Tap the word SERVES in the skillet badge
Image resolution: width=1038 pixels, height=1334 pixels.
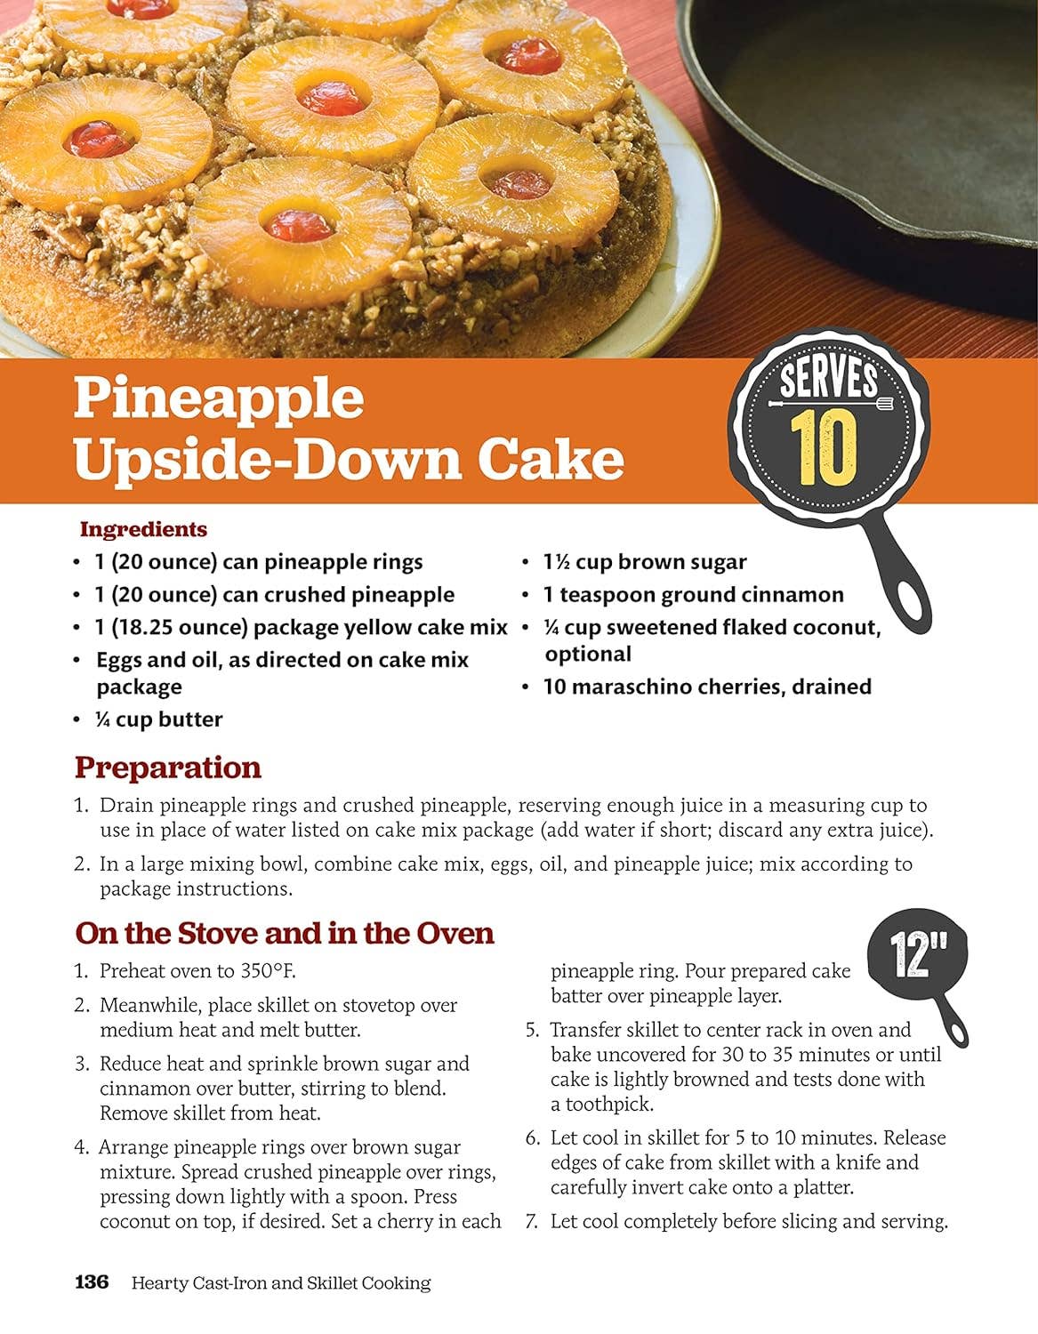[x=829, y=379]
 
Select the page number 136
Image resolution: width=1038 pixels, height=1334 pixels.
[x=92, y=1282]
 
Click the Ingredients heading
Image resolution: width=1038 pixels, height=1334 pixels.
[x=143, y=529]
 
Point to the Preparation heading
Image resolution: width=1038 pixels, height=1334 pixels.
[x=168, y=768]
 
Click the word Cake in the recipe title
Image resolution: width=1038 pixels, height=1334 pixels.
[x=551, y=460]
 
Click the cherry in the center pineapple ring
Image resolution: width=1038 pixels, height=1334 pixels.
[x=332, y=98]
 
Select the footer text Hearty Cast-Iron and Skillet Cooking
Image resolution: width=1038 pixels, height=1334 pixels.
[x=281, y=1283]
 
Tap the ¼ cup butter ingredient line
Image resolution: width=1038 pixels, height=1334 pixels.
[x=159, y=719]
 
